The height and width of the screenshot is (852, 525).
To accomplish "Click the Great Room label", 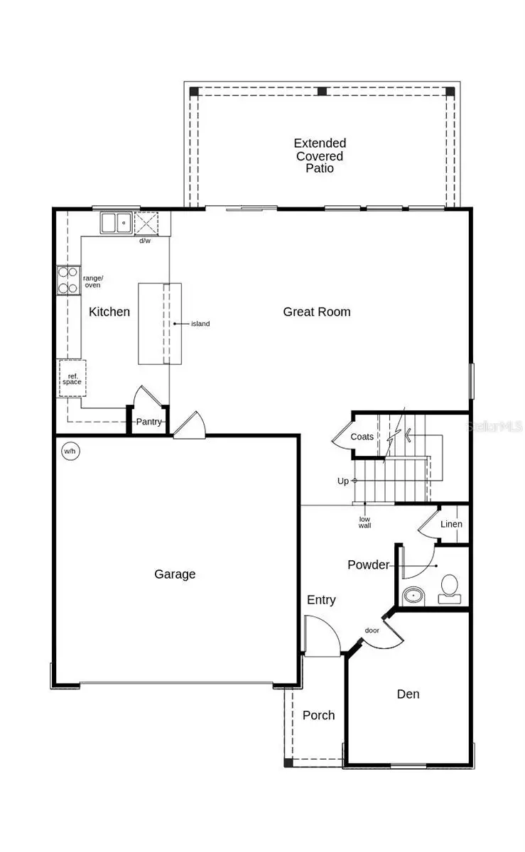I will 316,312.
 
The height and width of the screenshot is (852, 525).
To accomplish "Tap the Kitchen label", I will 109,312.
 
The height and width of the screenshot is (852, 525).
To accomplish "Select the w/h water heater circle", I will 70,451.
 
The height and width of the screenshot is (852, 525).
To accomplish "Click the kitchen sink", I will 114,223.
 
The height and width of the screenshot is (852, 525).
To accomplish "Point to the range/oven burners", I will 68,280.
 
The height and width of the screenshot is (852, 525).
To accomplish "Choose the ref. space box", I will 72,378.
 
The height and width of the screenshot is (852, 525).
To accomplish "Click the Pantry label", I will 149,422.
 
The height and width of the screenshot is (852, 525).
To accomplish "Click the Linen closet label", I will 451,524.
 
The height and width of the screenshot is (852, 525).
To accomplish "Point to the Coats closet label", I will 362,437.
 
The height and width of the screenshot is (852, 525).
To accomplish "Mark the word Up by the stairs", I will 343,481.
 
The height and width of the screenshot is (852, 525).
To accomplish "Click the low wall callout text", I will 364,523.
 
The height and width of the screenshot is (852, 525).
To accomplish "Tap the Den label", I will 408,694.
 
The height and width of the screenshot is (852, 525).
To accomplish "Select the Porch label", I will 318,715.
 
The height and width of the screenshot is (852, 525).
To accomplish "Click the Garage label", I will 175,574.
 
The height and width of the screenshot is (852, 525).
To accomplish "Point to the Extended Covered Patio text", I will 320,155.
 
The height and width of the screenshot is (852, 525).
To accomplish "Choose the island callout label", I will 200,324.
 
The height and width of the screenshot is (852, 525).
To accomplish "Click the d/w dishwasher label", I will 145,241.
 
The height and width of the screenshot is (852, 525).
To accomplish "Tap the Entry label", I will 321,600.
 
